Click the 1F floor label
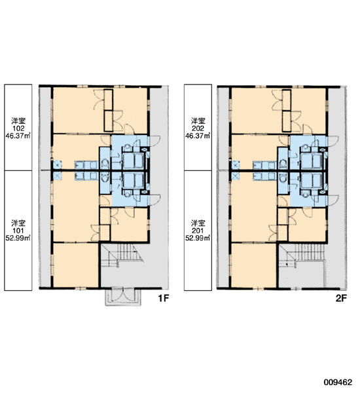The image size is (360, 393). pyautogui.click(x=164, y=298)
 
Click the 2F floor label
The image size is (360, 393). pyautogui.click(x=341, y=298)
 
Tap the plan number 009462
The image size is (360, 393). pyautogui.click(x=338, y=383)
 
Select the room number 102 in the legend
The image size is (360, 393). pyautogui.click(x=18, y=128)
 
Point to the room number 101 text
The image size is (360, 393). pyautogui.click(x=18, y=231)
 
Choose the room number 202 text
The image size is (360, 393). pyautogui.click(x=198, y=128)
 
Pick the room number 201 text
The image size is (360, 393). pyautogui.click(x=198, y=231)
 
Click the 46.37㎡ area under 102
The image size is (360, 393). pyautogui.click(x=18, y=136)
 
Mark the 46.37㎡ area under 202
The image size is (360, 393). pyautogui.click(x=198, y=136)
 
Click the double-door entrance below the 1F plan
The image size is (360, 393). pyautogui.click(x=123, y=297)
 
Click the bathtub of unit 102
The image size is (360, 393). pyautogui.click(x=133, y=161)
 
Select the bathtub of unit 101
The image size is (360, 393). pyautogui.click(x=133, y=180)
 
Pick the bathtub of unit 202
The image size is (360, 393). pyautogui.click(x=312, y=161)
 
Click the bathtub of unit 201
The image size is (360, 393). pyautogui.click(x=312, y=180)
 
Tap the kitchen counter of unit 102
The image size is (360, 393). pyautogui.click(x=86, y=165)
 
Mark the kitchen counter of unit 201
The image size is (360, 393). pyautogui.click(x=264, y=176)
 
